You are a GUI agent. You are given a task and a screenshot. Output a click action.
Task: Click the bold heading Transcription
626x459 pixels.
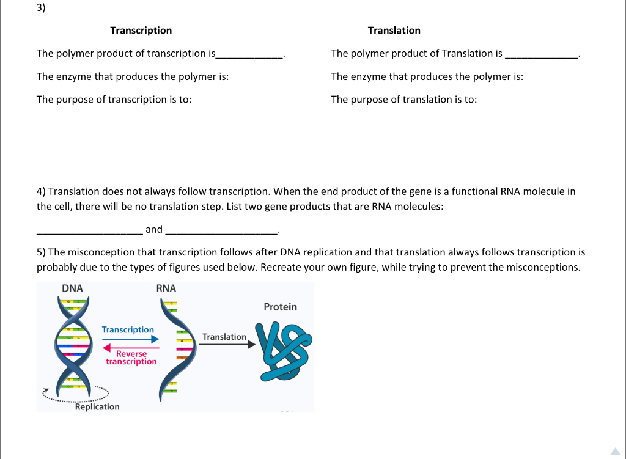coord(141,31)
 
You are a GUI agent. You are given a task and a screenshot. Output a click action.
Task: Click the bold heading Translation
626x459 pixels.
coord(394,31)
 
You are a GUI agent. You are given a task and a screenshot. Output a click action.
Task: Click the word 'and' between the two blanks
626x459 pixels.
coord(154,229)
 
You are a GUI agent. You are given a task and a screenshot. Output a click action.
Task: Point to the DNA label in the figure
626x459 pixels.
coord(72,288)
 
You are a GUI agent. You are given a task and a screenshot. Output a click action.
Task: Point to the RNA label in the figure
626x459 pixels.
coord(166,288)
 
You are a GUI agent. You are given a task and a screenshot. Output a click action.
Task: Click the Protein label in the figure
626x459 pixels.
coord(280,307)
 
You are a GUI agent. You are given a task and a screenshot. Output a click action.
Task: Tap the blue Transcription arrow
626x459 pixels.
coord(130,339)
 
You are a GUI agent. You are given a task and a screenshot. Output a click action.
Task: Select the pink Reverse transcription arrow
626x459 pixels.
coord(131,348)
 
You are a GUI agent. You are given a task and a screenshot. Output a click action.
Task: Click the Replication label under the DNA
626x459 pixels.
coord(97,407)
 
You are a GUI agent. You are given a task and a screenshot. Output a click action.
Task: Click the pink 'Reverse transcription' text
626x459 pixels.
coord(131,358)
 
